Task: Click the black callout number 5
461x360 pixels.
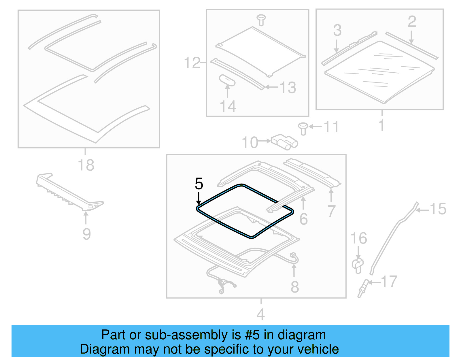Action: pyautogui.click(x=199, y=184)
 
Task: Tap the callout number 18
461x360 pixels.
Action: pyautogui.click(x=86, y=165)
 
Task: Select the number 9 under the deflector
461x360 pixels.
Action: pyautogui.click(x=86, y=234)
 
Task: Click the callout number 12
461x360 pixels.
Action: pyautogui.click(x=192, y=63)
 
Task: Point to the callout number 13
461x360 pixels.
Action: pyautogui.click(x=288, y=88)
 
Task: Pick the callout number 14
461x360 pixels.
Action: pyautogui.click(x=228, y=106)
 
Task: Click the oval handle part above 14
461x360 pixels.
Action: pyautogui.click(x=227, y=80)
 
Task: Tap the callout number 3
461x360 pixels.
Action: pyautogui.click(x=337, y=30)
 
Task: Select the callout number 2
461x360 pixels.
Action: pyautogui.click(x=412, y=22)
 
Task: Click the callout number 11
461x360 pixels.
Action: pyautogui.click(x=331, y=127)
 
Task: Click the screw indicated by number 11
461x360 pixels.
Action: pyautogui.click(x=303, y=128)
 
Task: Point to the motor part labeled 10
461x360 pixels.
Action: pyautogui.click(x=284, y=142)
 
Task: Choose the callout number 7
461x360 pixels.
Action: pyautogui.click(x=331, y=211)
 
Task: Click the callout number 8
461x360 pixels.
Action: pyautogui.click(x=294, y=287)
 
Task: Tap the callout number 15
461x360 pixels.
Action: pyautogui.click(x=438, y=209)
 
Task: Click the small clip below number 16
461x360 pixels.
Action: pyautogui.click(x=358, y=265)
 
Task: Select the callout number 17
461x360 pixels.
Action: pyautogui.click(x=389, y=281)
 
